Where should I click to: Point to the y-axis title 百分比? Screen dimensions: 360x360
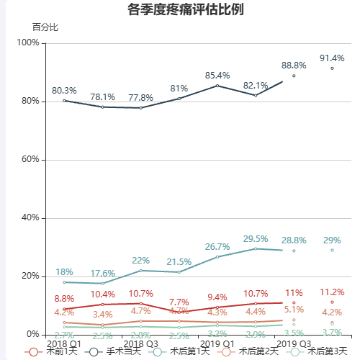tap(45, 27)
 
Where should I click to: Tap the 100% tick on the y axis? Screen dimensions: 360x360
tap(28, 43)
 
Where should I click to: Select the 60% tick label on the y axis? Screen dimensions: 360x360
tap(30, 159)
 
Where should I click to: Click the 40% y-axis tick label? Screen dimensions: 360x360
tap(30, 217)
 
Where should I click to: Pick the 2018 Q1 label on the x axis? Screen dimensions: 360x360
tap(64, 344)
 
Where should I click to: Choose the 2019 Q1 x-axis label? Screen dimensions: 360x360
tap(217, 344)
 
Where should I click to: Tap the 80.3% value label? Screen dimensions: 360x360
tap(65, 91)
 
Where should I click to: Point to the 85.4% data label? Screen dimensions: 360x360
tap(217, 76)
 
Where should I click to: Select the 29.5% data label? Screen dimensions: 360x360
tap(256, 238)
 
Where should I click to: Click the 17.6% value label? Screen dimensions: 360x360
tap(103, 273)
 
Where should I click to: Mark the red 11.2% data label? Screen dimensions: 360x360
tap(332, 292)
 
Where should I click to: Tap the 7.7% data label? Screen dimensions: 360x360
tap(179, 302)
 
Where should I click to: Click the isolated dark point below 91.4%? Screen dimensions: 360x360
tap(332, 68)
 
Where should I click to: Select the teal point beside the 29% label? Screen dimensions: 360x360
tap(332, 250)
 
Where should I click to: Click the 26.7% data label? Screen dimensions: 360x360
tap(217, 246)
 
